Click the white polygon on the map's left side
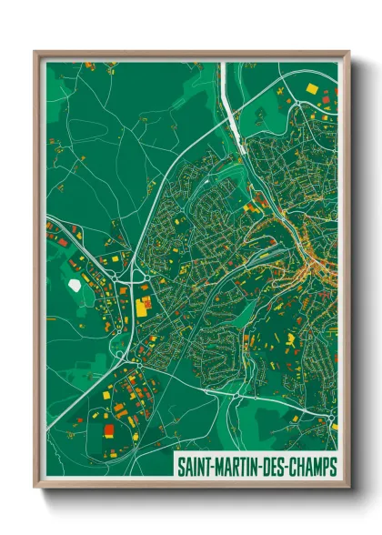tap(75, 285)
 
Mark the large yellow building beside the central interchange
tap(143, 306)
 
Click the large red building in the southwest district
tap(109, 429)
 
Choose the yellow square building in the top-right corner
tap(313, 89)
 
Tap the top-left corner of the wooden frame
tap(36, 53)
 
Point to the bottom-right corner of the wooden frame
tap(347, 488)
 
